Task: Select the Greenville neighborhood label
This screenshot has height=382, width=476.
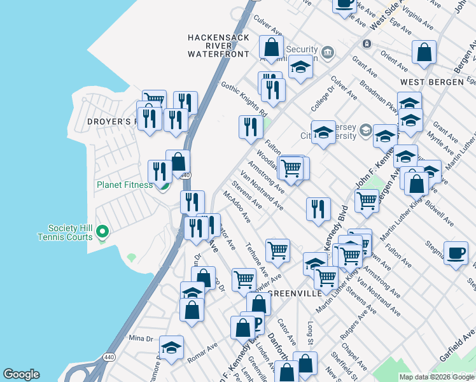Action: (x=293, y=294)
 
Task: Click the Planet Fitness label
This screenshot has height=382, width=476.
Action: (x=125, y=185)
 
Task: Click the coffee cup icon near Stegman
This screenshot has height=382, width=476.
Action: (x=456, y=252)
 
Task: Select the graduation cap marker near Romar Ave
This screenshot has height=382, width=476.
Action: (x=171, y=348)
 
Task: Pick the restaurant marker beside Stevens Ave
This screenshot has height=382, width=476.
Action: (x=318, y=209)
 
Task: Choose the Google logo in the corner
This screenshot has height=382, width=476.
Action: (x=21, y=374)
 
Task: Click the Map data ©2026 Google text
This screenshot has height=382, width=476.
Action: (x=437, y=377)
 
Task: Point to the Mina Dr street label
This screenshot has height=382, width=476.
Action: (x=141, y=337)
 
